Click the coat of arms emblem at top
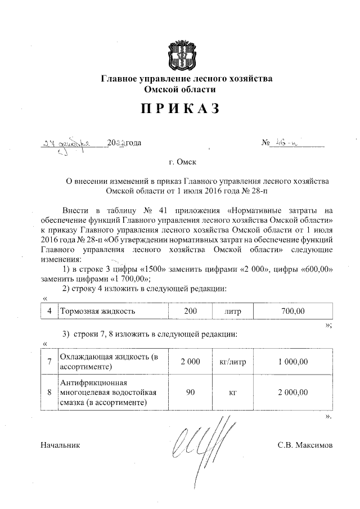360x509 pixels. (180, 54)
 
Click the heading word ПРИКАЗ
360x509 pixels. (179, 109)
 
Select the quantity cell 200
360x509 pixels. (190, 310)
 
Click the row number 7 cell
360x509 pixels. (50, 362)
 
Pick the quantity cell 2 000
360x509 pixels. (190, 362)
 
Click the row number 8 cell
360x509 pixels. (50, 392)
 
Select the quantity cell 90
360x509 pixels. (190, 392)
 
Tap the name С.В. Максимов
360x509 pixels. (305, 445)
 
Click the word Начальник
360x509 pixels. (61, 445)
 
